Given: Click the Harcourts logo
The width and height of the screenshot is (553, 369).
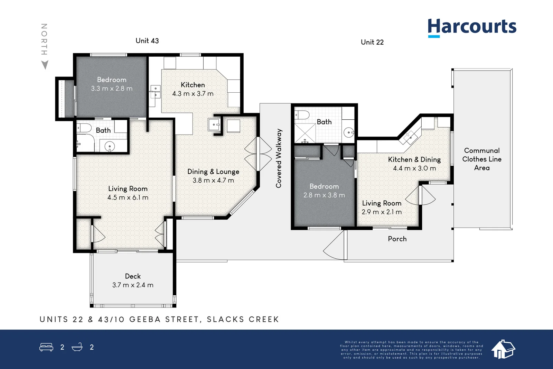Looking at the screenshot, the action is [x=472, y=28].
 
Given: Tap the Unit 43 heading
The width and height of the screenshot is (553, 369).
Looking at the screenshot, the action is [x=147, y=41].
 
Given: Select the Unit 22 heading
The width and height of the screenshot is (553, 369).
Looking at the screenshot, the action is [x=372, y=42].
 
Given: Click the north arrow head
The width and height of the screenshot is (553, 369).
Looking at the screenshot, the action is [x=45, y=65].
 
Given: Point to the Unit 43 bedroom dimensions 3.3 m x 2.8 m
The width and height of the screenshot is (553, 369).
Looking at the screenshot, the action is [x=112, y=89].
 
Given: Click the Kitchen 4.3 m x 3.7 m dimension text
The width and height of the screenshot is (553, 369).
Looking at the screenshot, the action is [x=193, y=94].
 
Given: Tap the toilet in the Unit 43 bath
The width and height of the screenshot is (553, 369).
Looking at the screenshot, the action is [x=84, y=128].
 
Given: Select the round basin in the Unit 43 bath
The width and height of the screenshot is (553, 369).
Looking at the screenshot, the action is [x=109, y=147].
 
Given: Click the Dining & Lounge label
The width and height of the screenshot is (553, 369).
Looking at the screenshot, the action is [x=213, y=172].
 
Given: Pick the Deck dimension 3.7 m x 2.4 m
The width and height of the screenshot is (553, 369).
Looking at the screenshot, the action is [x=133, y=285].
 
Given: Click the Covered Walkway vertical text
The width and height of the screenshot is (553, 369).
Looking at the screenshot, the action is [x=279, y=158].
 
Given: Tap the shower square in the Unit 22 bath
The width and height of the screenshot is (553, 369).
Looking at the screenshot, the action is [x=305, y=133].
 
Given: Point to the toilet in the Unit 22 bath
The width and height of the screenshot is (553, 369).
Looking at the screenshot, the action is [x=302, y=115].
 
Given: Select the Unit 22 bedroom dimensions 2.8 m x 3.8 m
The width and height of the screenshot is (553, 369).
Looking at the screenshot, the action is [x=324, y=195].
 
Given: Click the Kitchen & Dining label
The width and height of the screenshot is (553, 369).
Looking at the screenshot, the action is [x=414, y=159].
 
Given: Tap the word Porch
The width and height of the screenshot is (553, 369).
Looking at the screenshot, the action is [x=397, y=239].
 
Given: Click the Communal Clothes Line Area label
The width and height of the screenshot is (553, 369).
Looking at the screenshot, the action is [x=482, y=159].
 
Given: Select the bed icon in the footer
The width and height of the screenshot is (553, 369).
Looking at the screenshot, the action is [x=46, y=347].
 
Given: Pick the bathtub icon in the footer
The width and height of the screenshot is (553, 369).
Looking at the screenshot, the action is [x=77, y=347].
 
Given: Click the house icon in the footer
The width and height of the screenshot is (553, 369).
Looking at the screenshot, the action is [x=503, y=349].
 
